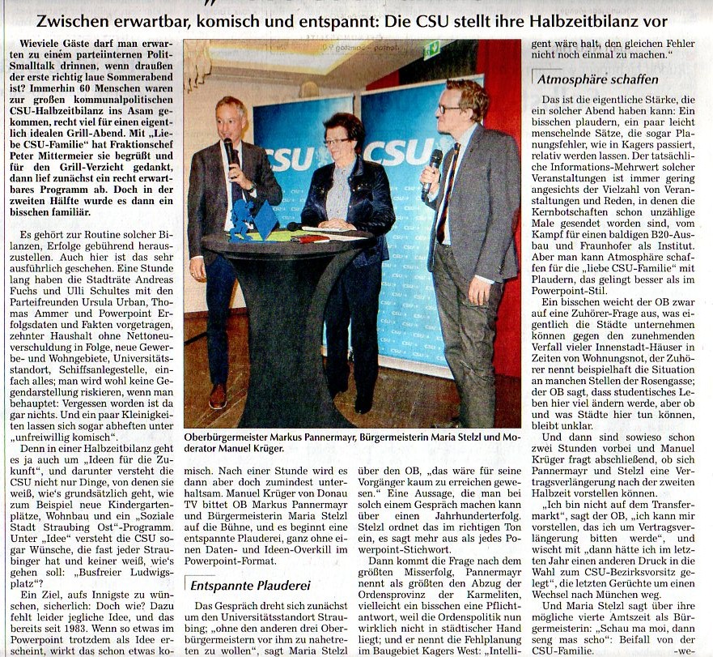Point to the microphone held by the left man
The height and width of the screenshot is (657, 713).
(x=229, y=154)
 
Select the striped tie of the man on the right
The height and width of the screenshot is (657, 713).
(x=448, y=190)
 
